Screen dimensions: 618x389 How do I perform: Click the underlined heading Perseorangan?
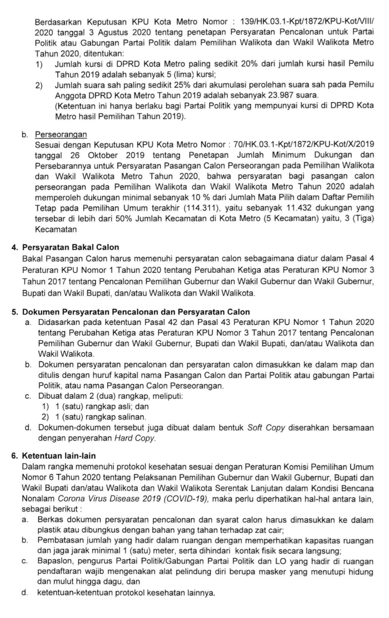[61, 134]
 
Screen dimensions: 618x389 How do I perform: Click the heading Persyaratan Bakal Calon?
[71, 248]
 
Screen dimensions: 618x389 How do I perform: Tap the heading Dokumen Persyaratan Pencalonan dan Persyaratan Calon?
[136, 312]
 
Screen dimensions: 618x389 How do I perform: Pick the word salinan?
[132, 417]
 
